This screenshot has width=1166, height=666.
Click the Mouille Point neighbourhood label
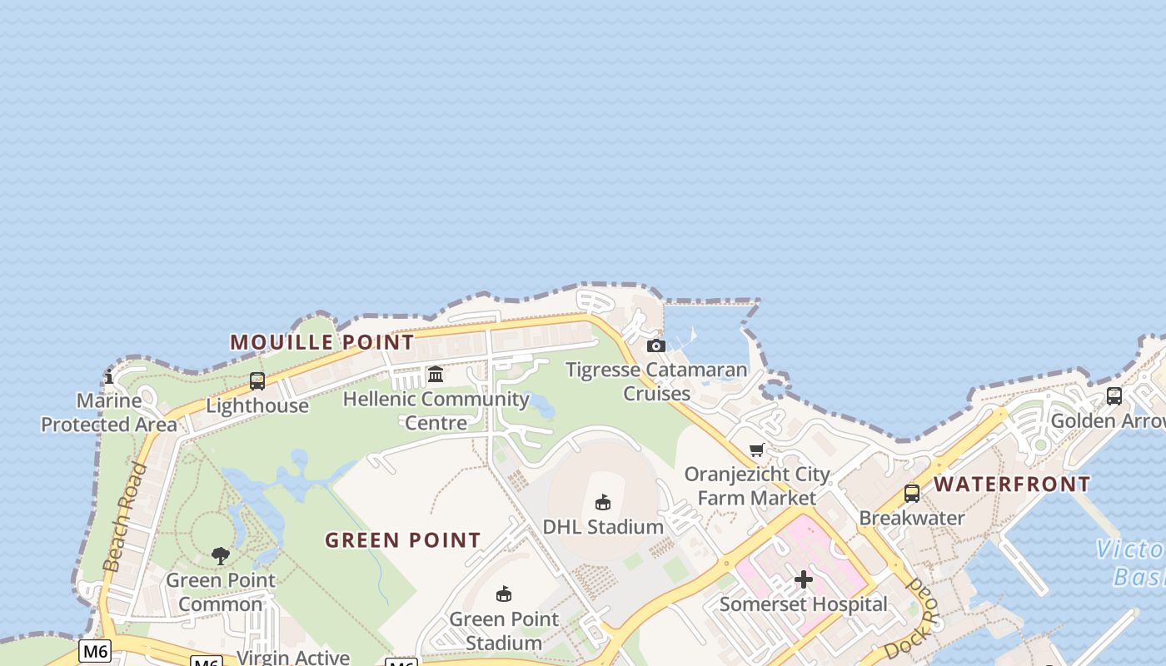321,342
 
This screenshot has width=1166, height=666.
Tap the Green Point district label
403,540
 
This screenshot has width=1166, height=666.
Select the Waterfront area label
1012,485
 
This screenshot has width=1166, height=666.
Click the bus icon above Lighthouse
257,381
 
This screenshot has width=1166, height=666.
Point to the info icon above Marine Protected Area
109,377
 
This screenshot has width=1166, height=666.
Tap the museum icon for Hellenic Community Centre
436,375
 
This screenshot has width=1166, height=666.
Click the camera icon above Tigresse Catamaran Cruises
656,345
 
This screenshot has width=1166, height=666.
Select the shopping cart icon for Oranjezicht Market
756,450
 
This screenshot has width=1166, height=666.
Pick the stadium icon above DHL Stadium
603,502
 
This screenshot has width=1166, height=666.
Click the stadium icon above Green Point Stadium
503,594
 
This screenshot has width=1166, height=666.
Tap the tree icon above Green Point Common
220,555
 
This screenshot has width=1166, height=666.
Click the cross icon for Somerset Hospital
804,579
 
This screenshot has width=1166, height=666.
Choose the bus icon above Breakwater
912,494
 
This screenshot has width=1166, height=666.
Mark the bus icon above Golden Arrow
1114,396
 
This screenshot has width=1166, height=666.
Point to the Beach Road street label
126,517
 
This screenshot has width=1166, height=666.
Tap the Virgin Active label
293,658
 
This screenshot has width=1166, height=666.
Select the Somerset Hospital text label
804,604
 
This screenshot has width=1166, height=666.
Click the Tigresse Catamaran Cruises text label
656,381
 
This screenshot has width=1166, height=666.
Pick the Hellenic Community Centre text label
436,410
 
